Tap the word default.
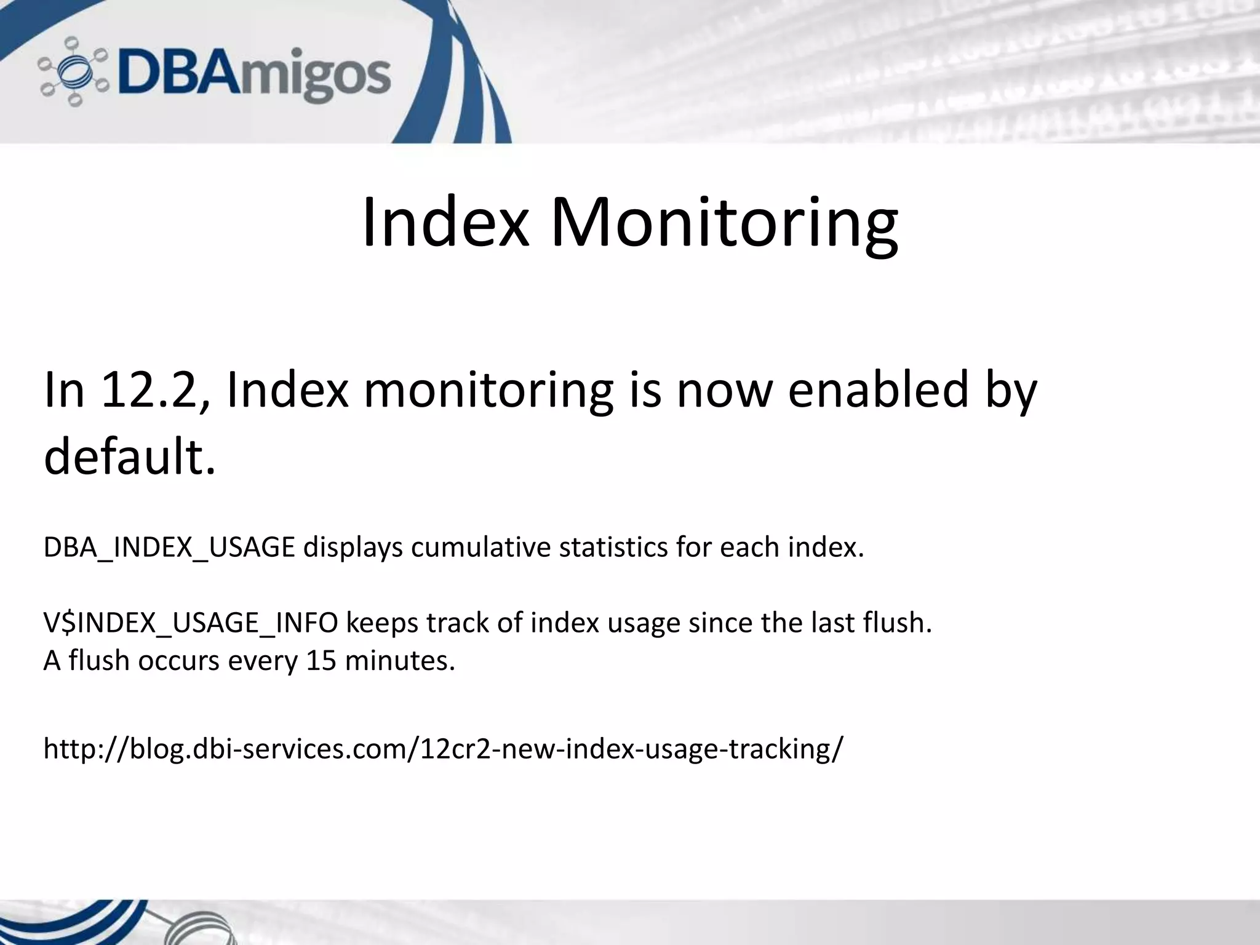(130, 457)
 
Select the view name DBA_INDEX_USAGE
(169, 548)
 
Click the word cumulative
(480, 548)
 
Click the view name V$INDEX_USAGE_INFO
(191, 623)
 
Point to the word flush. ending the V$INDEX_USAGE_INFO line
(898, 623)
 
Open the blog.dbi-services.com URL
(444, 749)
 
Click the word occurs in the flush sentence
(178, 661)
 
